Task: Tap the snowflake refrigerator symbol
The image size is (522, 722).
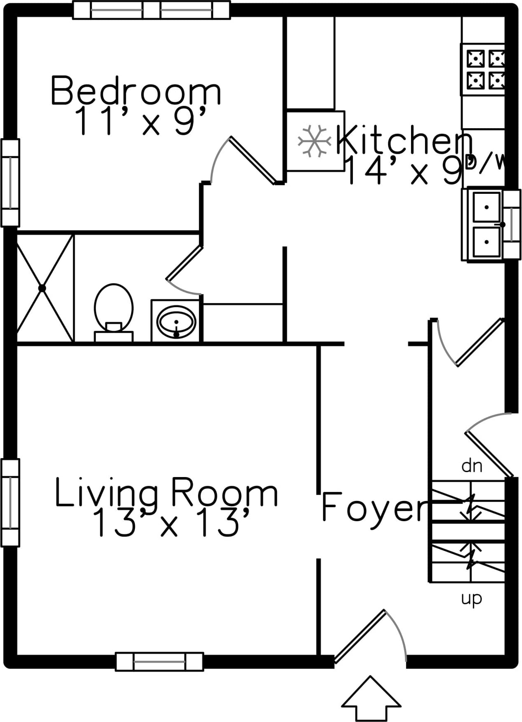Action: coord(315,141)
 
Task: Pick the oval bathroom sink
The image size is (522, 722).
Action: coord(176,321)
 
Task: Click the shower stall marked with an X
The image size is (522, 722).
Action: coord(43,288)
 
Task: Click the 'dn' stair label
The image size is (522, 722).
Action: coord(472,466)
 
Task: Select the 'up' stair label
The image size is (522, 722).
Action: coord(471,598)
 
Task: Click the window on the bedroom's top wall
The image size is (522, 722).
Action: coord(151,10)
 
